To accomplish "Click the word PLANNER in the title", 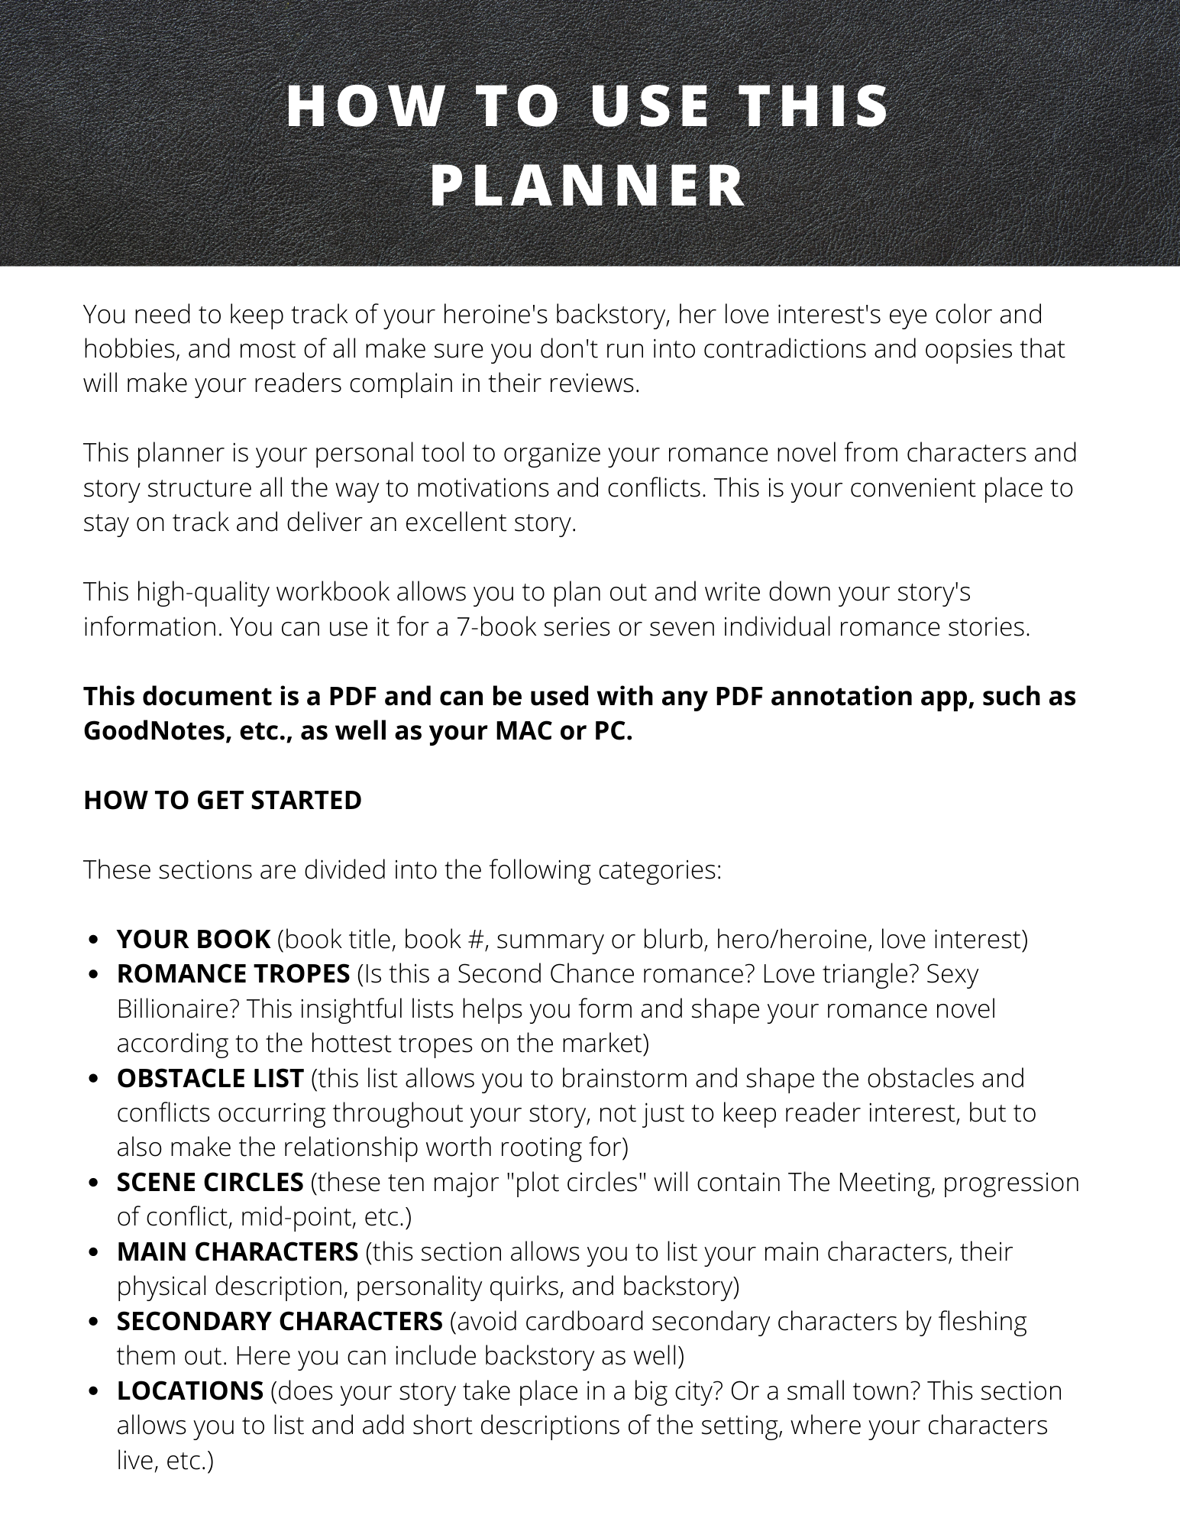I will [588, 186].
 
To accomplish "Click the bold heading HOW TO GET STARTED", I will [222, 800].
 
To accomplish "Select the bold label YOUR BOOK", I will [193, 938].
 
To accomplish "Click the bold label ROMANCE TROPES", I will [233, 973].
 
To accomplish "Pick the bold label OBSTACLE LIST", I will [210, 1078].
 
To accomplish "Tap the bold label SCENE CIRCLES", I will [210, 1182].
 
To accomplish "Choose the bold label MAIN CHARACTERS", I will [238, 1251].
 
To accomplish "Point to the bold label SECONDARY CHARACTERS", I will [280, 1321].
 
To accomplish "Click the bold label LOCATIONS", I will [190, 1390].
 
